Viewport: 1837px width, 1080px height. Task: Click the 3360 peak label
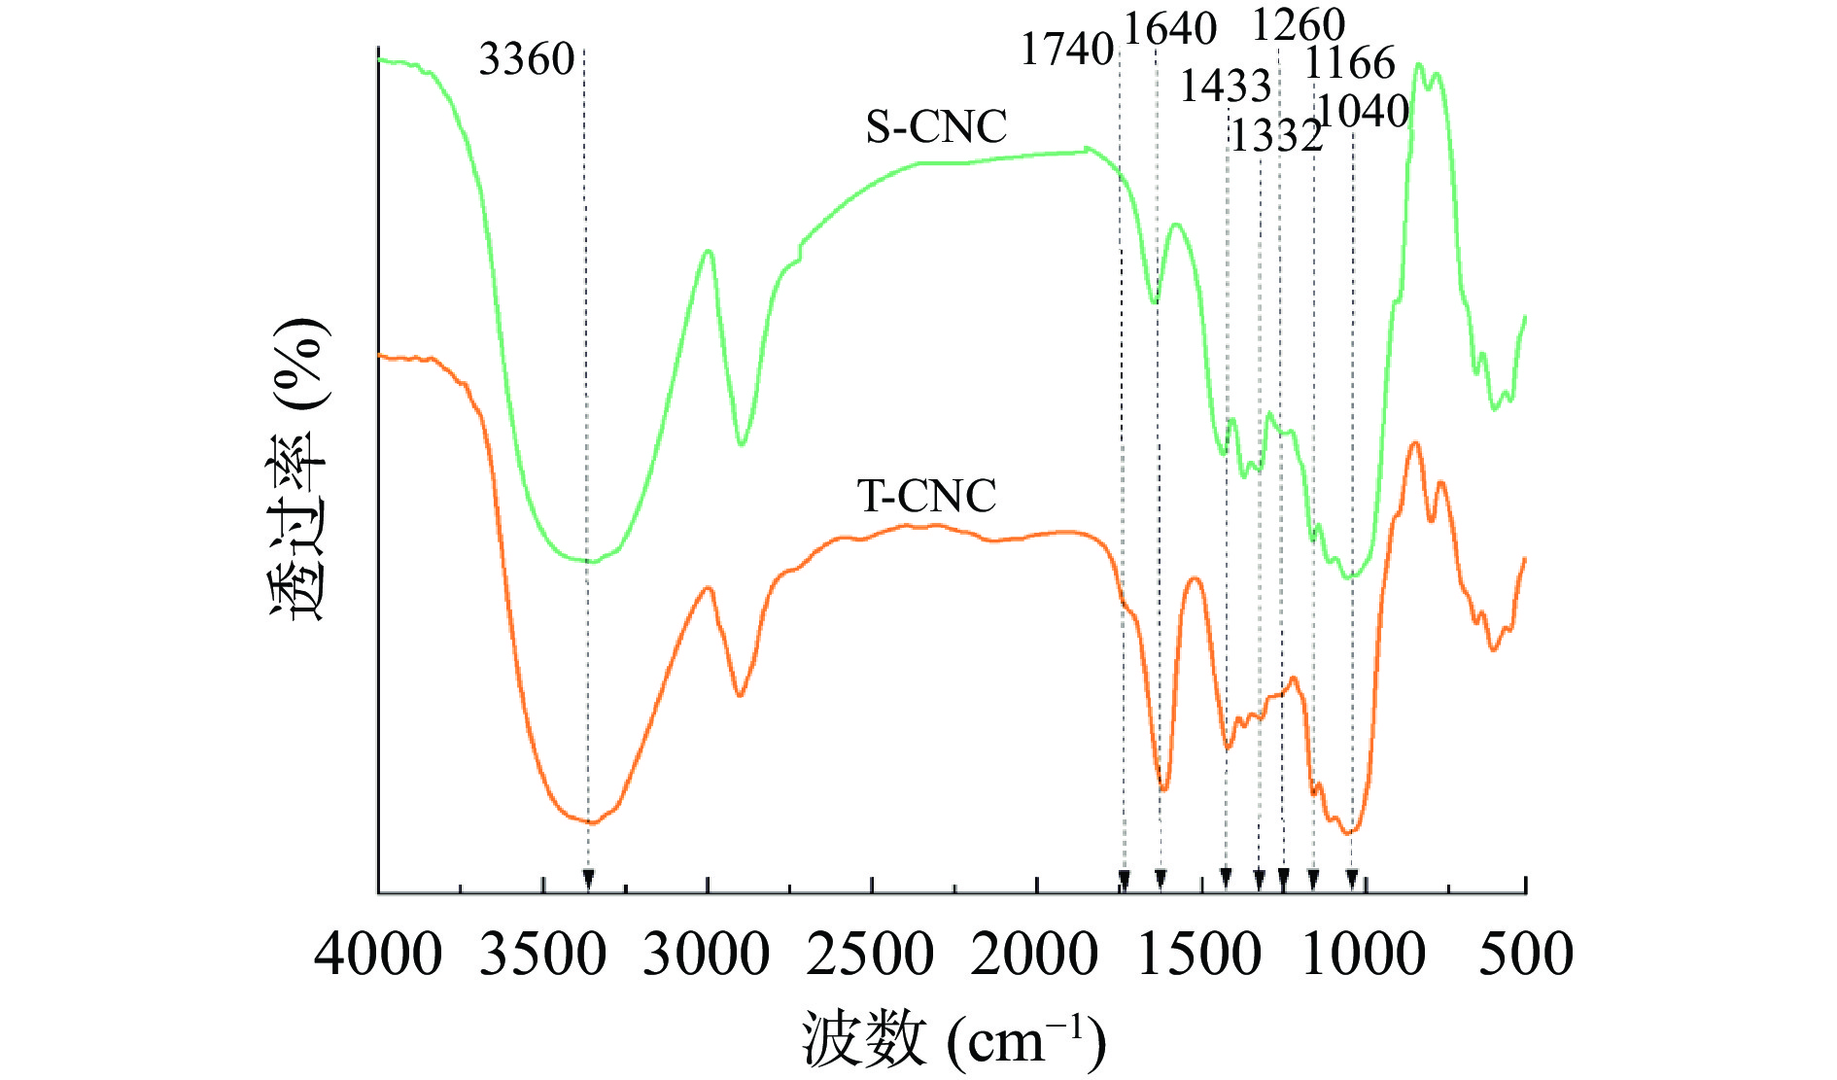point(527,60)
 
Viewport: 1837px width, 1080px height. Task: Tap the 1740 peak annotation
point(1066,50)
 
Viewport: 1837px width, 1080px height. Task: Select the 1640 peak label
point(1170,30)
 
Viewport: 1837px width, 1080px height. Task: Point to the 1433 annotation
point(1226,87)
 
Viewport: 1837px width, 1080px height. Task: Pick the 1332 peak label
point(1276,136)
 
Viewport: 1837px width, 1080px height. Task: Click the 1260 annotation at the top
point(1298,25)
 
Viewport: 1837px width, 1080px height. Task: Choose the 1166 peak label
point(1350,63)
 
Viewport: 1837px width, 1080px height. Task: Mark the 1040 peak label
point(1363,112)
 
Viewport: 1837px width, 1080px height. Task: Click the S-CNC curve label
point(936,127)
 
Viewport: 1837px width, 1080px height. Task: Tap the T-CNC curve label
point(926,497)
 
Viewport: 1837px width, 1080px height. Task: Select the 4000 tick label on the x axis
point(378,954)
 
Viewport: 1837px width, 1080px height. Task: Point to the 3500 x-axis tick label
point(542,954)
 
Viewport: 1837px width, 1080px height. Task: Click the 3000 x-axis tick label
point(707,954)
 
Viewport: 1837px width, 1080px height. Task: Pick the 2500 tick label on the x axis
point(871,954)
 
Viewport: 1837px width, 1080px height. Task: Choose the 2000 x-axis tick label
point(1035,954)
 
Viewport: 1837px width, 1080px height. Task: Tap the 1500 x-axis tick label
point(1199,954)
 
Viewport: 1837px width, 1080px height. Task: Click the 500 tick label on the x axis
point(1526,954)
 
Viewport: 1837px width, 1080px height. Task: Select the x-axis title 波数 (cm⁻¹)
point(953,1039)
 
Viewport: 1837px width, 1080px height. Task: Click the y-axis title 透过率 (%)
point(298,469)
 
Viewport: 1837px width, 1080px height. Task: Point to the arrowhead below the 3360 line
point(588,880)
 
